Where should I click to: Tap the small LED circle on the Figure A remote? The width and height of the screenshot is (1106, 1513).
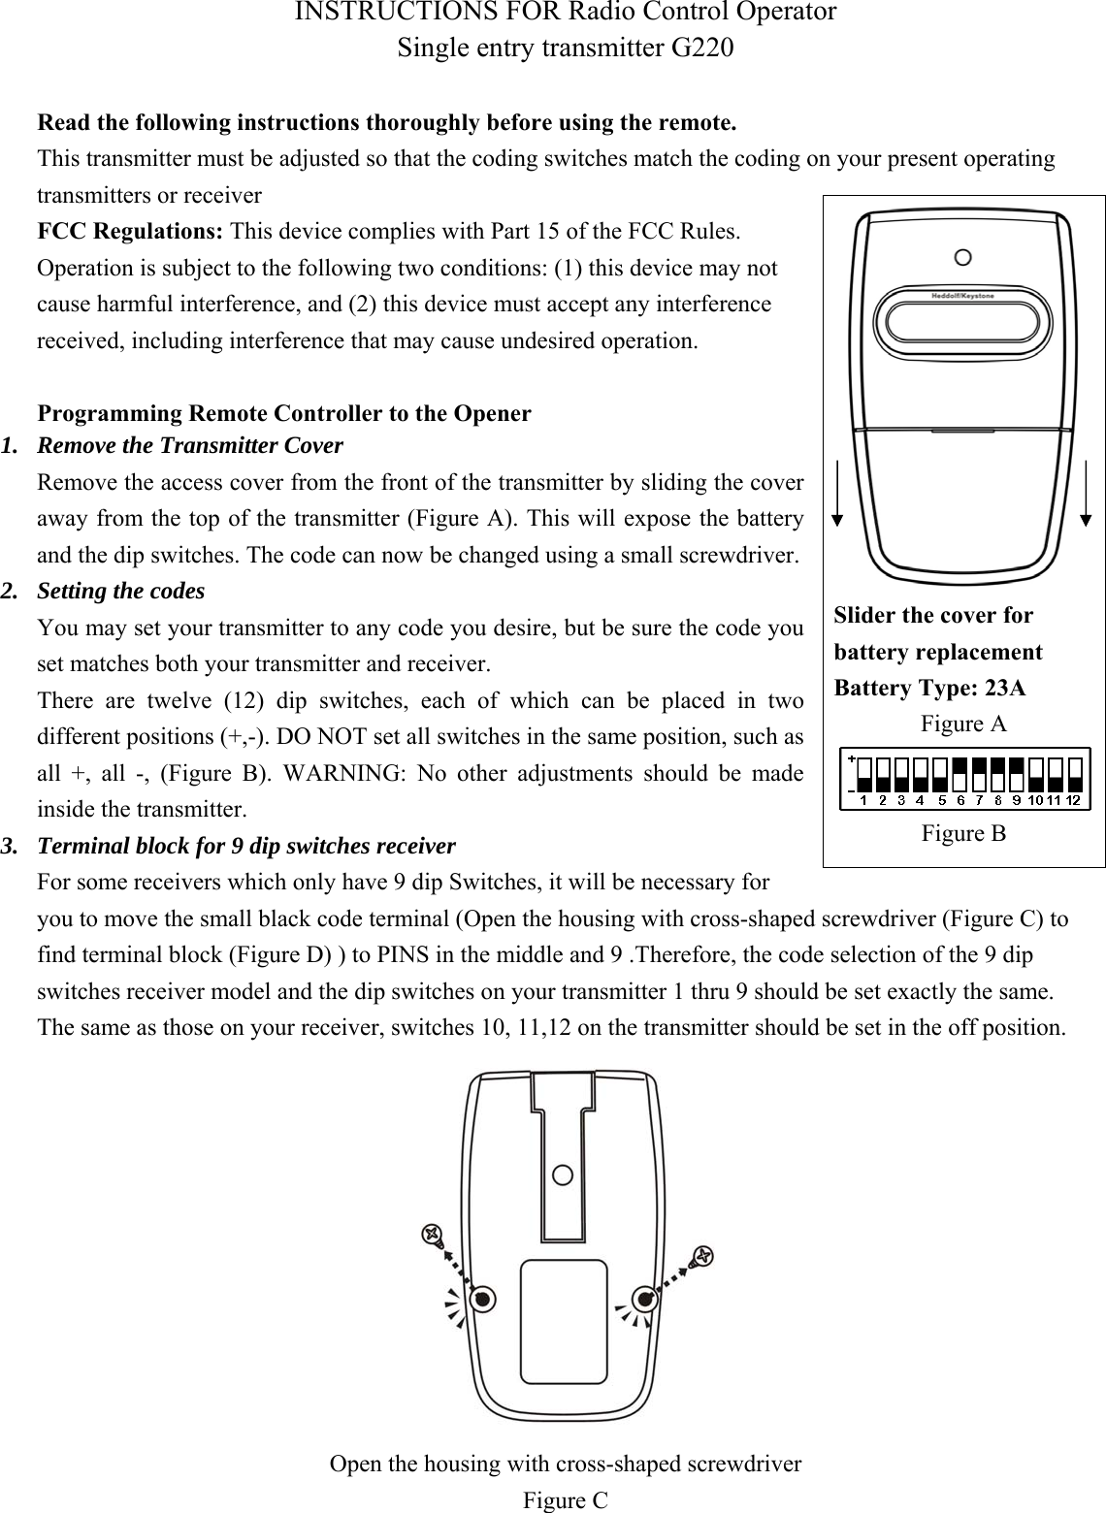coord(962,257)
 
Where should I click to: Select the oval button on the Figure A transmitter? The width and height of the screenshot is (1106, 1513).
coord(962,321)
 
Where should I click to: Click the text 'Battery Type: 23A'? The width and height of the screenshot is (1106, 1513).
coord(929,689)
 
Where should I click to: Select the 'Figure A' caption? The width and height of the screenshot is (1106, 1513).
coord(962,724)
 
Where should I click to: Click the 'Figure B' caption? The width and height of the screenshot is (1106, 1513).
coord(962,833)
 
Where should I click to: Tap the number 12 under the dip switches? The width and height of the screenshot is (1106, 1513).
coord(1073,801)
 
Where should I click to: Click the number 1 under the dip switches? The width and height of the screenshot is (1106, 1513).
coord(863,801)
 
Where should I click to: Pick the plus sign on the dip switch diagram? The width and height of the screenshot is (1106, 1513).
coord(851,758)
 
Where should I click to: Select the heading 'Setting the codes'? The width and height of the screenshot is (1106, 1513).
coord(120,591)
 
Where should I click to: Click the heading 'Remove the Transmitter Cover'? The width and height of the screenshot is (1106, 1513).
coord(189,446)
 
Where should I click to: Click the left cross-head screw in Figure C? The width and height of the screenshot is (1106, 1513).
coord(432,1235)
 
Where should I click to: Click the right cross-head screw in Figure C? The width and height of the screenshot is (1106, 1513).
coord(702,1256)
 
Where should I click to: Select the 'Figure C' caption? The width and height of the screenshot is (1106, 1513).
coord(566,1500)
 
